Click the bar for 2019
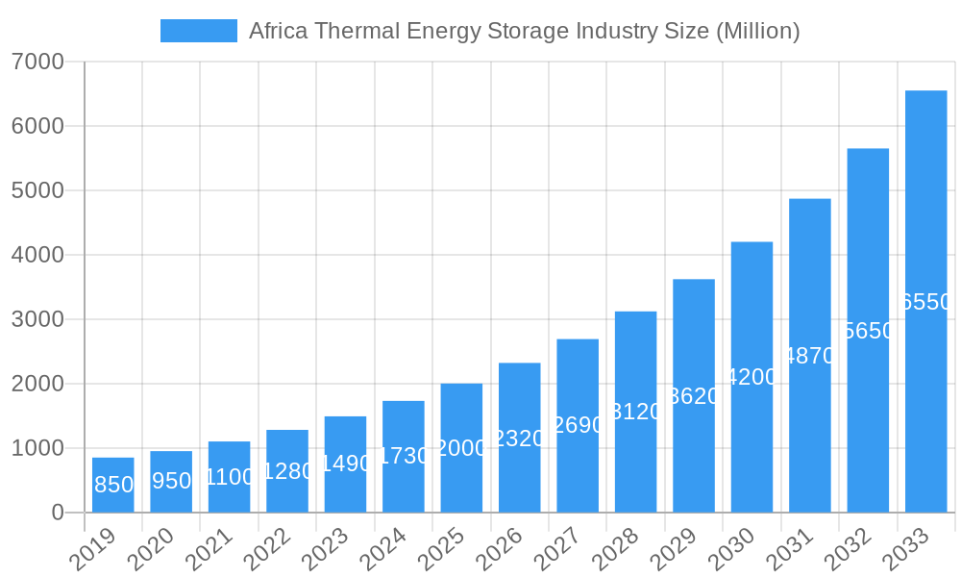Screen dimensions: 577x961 [113, 485]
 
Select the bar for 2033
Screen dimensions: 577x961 [925, 301]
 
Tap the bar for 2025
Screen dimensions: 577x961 [461, 448]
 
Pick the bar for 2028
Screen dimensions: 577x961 [635, 412]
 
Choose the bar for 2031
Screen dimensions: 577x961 [809, 355]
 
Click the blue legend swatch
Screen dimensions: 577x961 [198, 31]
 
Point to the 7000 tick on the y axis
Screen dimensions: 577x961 [37, 63]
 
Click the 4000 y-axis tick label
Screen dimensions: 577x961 [37, 256]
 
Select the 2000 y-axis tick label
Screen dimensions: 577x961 [37, 384]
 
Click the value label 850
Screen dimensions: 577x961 [113, 485]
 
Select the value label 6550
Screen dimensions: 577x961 [925, 302]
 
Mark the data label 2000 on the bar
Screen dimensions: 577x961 [461, 448]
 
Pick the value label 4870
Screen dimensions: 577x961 [809, 356]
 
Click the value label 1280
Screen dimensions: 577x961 [287, 471]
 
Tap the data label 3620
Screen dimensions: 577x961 [693, 396]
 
